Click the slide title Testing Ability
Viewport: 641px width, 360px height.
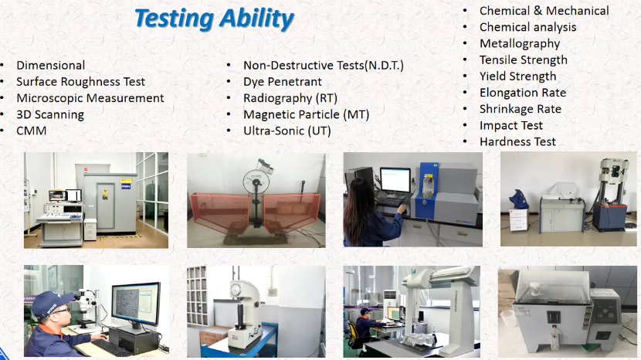(x=214, y=19)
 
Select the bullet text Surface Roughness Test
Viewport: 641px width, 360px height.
(x=80, y=82)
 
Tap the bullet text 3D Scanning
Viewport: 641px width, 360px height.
(x=50, y=114)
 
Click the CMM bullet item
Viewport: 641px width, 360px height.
(x=32, y=131)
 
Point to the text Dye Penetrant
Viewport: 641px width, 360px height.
(x=283, y=82)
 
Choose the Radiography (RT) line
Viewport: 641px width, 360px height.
(x=290, y=98)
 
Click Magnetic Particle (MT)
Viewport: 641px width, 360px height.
(x=306, y=114)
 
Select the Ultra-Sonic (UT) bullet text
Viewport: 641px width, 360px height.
(x=287, y=131)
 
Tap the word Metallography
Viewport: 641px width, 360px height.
(x=520, y=44)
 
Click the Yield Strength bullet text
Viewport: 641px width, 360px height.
(x=517, y=76)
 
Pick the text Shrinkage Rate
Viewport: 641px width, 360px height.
(x=520, y=109)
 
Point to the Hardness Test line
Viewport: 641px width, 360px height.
(x=517, y=142)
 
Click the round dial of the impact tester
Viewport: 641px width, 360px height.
(x=256, y=182)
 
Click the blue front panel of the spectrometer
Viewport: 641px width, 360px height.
(x=427, y=191)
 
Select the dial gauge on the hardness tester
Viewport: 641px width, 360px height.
(x=235, y=290)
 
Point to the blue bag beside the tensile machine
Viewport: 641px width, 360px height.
(x=518, y=199)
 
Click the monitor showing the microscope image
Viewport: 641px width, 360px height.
(x=135, y=304)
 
